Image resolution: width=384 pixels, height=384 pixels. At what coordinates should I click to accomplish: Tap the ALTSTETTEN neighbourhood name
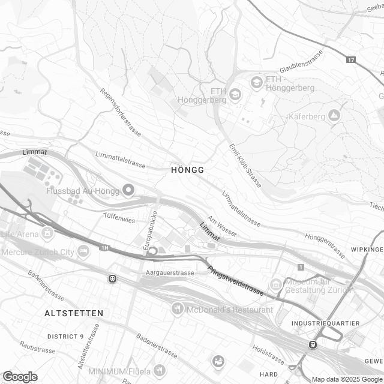click(x=74, y=313)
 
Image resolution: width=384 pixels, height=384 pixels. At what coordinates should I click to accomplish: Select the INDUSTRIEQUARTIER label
click(x=325, y=323)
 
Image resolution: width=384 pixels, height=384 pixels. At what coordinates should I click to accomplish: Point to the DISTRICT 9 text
click(x=65, y=336)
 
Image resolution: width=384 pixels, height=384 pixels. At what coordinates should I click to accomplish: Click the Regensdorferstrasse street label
click(x=121, y=113)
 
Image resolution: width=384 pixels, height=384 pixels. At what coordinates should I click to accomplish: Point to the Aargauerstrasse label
click(x=170, y=272)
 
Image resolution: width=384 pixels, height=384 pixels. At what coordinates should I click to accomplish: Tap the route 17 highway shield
click(x=351, y=59)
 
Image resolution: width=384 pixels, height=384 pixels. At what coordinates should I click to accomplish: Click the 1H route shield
click(x=106, y=247)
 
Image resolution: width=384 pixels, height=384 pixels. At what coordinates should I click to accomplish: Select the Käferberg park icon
click(x=334, y=115)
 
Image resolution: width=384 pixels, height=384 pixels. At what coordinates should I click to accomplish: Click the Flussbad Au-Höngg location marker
click(x=128, y=191)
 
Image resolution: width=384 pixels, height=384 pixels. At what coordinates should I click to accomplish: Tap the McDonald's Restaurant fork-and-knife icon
click(x=177, y=310)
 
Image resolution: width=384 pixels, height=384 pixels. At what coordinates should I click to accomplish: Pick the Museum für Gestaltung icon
click(x=275, y=283)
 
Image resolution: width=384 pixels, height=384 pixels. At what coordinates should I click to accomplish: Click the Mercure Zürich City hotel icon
click(x=83, y=251)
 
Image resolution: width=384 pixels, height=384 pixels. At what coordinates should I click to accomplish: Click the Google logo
click(x=20, y=376)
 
